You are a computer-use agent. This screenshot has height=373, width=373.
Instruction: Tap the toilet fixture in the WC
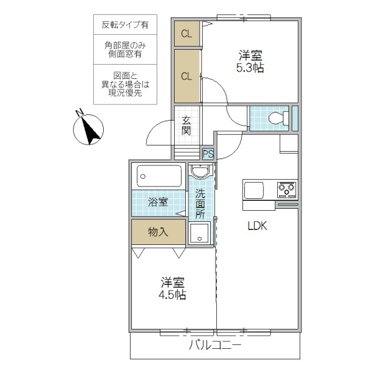277,117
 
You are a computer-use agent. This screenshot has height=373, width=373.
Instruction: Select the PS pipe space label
208,153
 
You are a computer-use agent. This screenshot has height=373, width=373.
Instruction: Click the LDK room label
257,226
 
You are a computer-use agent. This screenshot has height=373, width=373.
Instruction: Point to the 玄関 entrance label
186,126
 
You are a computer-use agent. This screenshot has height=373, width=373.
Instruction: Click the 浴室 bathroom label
157,201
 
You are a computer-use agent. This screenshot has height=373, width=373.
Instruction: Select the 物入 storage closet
158,232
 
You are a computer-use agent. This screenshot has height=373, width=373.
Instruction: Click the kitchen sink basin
256,189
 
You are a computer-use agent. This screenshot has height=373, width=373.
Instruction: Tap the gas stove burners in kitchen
286,188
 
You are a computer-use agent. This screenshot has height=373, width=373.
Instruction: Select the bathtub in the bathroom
159,177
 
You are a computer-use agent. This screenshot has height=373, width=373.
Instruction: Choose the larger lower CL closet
186,76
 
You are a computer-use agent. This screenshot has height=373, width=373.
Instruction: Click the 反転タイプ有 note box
125,25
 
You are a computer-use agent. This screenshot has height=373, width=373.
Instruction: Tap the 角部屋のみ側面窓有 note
125,50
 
